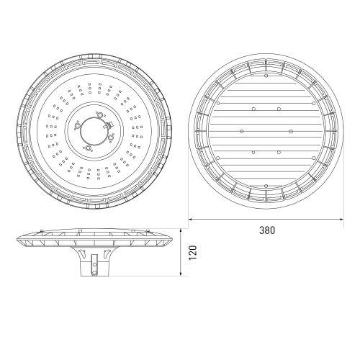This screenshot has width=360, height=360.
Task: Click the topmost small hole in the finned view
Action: pos(266,76)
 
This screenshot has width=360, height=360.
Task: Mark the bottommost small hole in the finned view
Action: pos(266,186)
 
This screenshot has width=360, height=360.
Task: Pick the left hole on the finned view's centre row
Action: pos(242,130)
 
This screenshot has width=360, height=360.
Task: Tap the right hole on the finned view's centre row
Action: pos(289,130)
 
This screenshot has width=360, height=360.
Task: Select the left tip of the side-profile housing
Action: pos(17,238)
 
